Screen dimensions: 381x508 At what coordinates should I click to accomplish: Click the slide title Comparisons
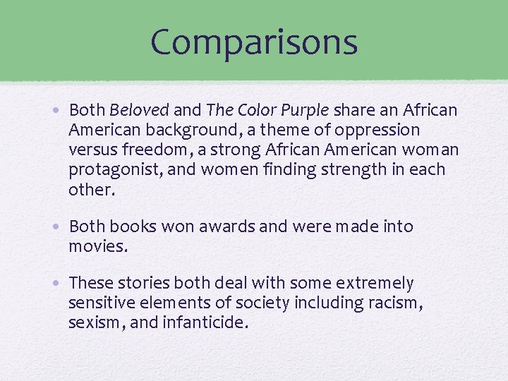254,42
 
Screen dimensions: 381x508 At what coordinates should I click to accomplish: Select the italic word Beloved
139,110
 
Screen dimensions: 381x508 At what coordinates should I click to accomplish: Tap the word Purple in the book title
304,110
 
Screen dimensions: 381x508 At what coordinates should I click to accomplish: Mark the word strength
362,169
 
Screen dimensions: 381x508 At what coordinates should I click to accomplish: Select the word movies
98,246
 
